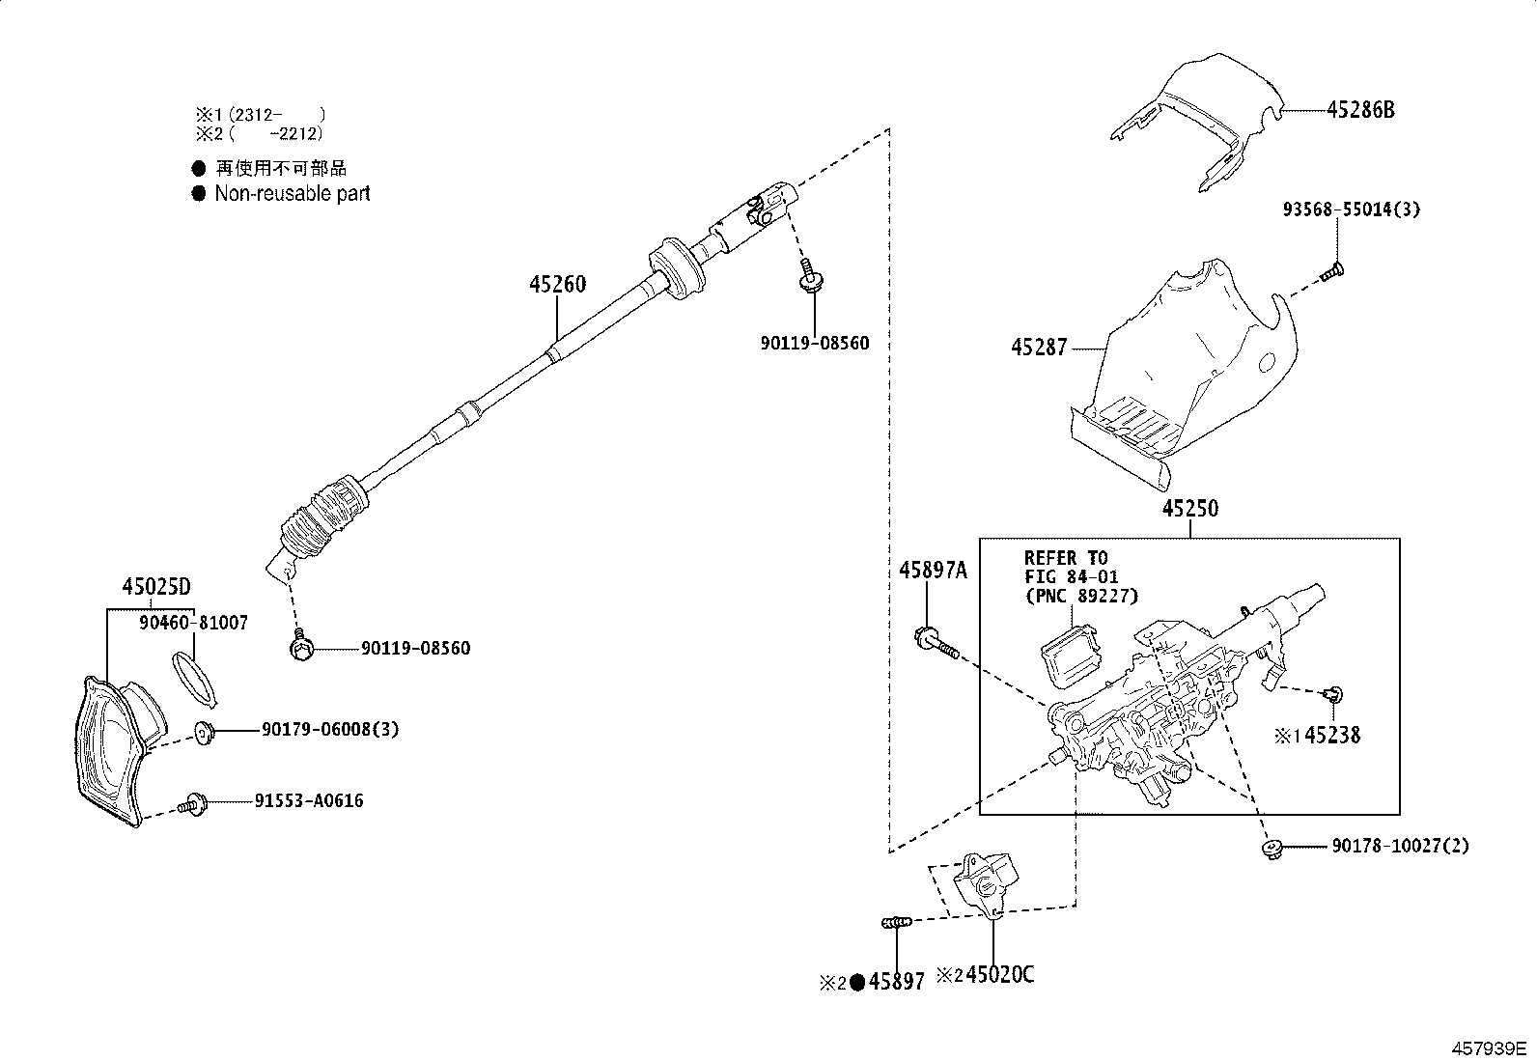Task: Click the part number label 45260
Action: [x=557, y=285]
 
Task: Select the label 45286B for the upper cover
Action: [x=1359, y=110]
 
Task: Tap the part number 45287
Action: [x=1039, y=348]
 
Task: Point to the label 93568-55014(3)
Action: [x=1351, y=209]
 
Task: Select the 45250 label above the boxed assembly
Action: [x=1189, y=509]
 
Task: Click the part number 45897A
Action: [x=932, y=571]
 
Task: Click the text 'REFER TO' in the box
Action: [x=1066, y=558]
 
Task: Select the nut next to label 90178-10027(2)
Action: [x=1272, y=849]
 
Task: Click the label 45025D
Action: [x=155, y=587]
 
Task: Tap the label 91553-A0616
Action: [x=309, y=801]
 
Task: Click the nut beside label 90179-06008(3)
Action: [x=204, y=732]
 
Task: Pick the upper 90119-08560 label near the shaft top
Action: [x=813, y=343]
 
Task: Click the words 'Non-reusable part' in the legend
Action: [x=292, y=193]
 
